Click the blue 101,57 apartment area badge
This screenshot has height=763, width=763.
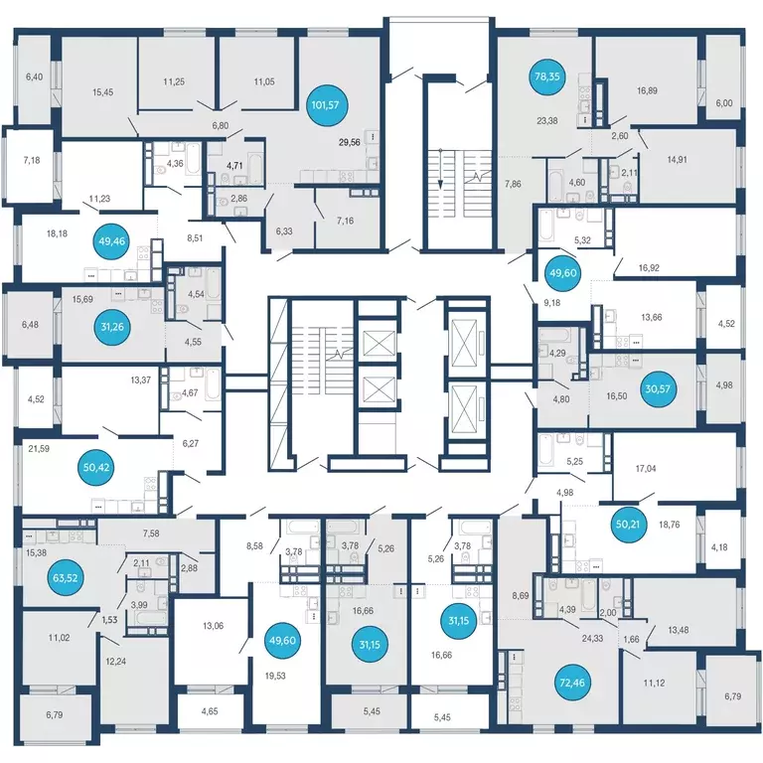326,104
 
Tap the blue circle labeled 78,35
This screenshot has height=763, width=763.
547,76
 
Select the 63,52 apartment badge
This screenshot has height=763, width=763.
66,578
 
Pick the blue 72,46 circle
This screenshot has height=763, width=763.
572,683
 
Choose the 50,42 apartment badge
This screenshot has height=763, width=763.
96,468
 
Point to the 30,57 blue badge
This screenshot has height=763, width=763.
658,388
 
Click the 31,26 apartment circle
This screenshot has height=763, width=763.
112,327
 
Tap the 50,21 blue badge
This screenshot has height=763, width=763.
628,525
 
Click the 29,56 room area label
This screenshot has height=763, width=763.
350,142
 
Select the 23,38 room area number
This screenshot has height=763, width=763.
547,120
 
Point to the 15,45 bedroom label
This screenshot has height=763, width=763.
102,92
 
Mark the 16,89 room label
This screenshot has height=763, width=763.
647,90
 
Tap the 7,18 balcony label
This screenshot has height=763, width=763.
32,160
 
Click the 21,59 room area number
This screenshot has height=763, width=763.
39,449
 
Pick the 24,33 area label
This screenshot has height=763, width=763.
592,638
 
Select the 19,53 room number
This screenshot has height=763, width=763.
275,676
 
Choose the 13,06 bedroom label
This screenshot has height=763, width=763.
213,626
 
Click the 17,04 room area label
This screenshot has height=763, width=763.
646,469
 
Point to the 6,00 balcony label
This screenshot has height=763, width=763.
724,103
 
